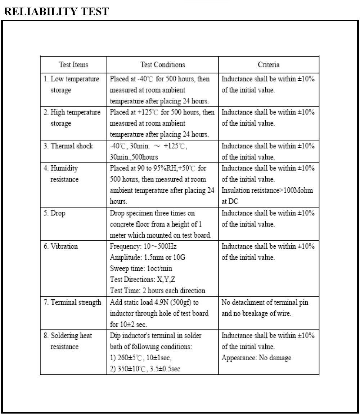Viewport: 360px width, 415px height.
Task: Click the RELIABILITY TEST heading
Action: (x=57, y=11)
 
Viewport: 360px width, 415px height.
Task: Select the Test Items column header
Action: (x=73, y=65)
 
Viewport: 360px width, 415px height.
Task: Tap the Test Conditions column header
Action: (x=162, y=65)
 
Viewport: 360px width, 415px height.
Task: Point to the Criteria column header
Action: (x=269, y=65)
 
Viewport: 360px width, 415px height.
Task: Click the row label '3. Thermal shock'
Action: (x=68, y=146)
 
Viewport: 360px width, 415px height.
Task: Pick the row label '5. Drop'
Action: (x=54, y=213)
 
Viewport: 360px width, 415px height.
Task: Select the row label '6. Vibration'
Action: (x=61, y=246)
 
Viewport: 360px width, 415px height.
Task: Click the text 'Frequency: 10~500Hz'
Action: (x=143, y=246)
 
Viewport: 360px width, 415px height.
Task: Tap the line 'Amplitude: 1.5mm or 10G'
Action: (x=148, y=258)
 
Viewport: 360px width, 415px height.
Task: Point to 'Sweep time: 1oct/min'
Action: (x=143, y=269)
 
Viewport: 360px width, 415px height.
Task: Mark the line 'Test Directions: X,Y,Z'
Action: (x=143, y=280)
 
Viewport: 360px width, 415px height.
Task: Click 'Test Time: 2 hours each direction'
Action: (x=157, y=291)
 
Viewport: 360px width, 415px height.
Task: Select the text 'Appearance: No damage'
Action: (x=256, y=358)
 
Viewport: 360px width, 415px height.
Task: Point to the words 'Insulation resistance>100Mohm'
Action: (x=267, y=191)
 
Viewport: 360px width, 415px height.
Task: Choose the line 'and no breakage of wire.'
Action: (x=256, y=313)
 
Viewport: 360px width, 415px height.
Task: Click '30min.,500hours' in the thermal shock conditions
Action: (x=134, y=157)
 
